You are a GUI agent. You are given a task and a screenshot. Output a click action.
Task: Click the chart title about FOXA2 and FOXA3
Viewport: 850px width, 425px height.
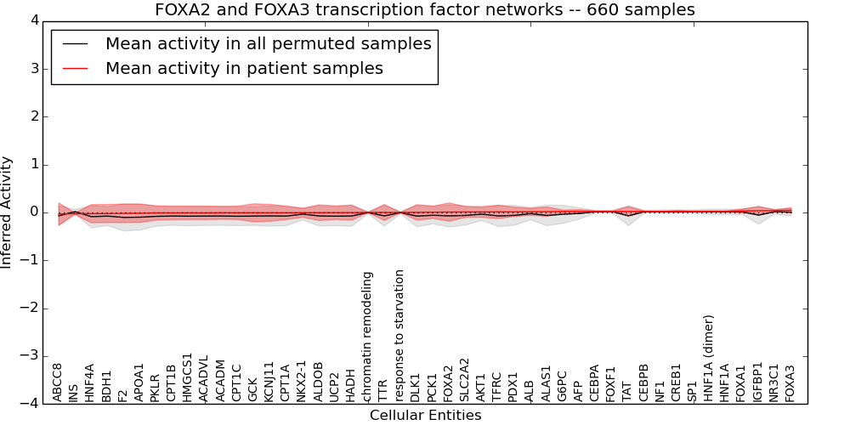click(425, 10)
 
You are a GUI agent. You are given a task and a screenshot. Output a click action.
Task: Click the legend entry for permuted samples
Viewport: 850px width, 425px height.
click(268, 44)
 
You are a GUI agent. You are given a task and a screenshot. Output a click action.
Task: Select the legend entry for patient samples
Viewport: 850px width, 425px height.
click(244, 69)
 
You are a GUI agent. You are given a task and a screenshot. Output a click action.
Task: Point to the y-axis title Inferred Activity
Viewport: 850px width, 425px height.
click(8, 212)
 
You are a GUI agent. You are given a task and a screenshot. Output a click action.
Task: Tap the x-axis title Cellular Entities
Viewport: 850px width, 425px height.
click(425, 416)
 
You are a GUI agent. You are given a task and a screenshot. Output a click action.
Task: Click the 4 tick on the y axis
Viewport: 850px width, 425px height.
click(35, 20)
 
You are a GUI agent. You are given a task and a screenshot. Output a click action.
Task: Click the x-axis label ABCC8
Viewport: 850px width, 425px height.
click(58, 382)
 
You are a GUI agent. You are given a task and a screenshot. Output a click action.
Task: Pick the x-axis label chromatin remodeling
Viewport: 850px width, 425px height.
click(367, 337)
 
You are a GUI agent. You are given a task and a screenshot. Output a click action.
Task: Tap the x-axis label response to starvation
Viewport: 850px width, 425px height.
click(399, 335)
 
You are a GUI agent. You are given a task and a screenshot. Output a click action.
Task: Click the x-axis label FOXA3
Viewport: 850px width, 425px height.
click(790, 382)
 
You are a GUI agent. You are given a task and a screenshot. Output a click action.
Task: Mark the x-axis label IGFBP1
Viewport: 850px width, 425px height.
click(758, 382)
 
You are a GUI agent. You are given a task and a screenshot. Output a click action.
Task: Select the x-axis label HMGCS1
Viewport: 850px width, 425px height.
click(188, 377)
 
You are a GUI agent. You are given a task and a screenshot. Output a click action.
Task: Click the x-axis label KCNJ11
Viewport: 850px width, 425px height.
click(269, 380)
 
